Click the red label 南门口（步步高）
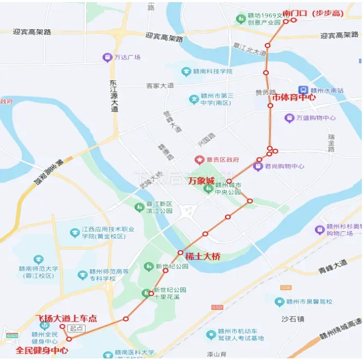point(313,14)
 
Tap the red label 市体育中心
point(294,98)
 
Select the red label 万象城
point(201,180)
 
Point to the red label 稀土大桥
point(203,256)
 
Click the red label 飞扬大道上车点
point(66,318)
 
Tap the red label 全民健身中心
point(42,350)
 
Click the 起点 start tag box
point(76,328)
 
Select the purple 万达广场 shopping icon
point(107,57)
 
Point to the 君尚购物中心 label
point(284,166)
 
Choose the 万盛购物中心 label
point(316,118)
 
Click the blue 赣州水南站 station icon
point(303,90)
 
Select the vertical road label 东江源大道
point(113,96)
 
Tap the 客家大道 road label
point(160,86)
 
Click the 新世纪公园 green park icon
point(148,266)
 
